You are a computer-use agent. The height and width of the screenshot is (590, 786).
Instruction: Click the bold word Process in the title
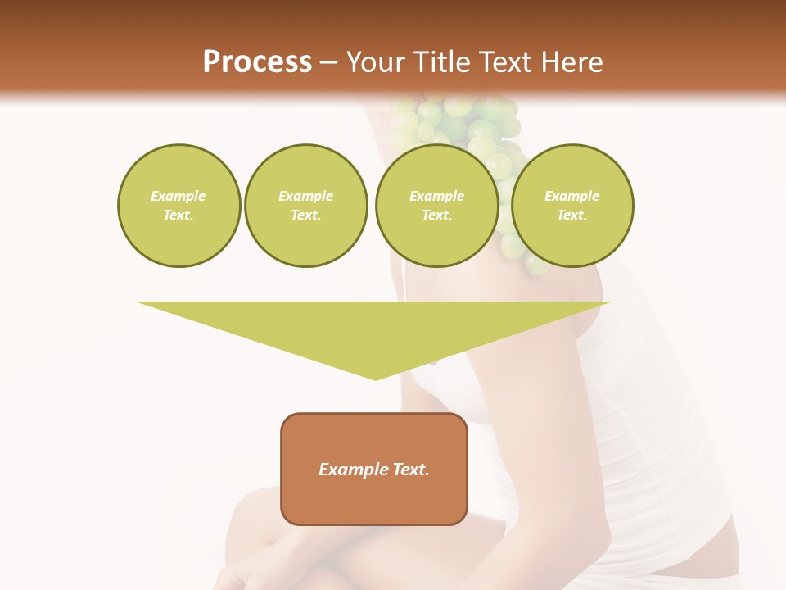click(257, 62)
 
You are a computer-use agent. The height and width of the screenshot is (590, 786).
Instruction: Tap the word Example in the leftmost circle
click(178, 196)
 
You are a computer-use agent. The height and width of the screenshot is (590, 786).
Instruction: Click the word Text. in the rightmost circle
click(572, 215)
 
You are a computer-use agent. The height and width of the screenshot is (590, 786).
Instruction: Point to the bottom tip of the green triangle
click(375, 378)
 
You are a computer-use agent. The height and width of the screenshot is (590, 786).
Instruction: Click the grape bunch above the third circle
click(458, 119)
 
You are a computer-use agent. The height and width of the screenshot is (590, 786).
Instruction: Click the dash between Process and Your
click(328, 62)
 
